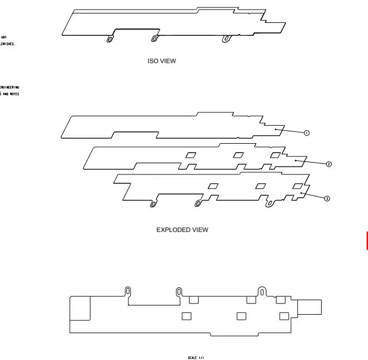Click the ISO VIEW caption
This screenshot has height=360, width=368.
[x=161, y=61]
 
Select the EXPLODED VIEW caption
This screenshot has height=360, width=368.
[x=183, y=230]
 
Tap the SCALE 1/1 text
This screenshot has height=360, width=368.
[x=196, y=356]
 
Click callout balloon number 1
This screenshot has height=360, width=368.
[x=307, y=133]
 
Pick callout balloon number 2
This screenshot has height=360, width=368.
[x=329, y=164]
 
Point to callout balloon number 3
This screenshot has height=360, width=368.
[x=327, y=198]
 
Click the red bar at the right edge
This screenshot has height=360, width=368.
[x=366, y=240]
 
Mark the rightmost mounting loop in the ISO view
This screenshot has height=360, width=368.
[x=226, y=38]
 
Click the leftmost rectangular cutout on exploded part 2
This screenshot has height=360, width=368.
[x=191, y=155]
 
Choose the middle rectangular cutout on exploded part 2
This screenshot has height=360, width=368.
[x=238, y=155]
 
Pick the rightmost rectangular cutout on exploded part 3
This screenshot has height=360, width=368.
[x=298, y=185]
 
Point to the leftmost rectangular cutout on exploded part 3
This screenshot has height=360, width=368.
[x=213, y=186]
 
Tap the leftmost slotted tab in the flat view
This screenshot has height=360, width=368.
[x=128, y=292]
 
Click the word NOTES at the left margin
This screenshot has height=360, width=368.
[x=14, y=94]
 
